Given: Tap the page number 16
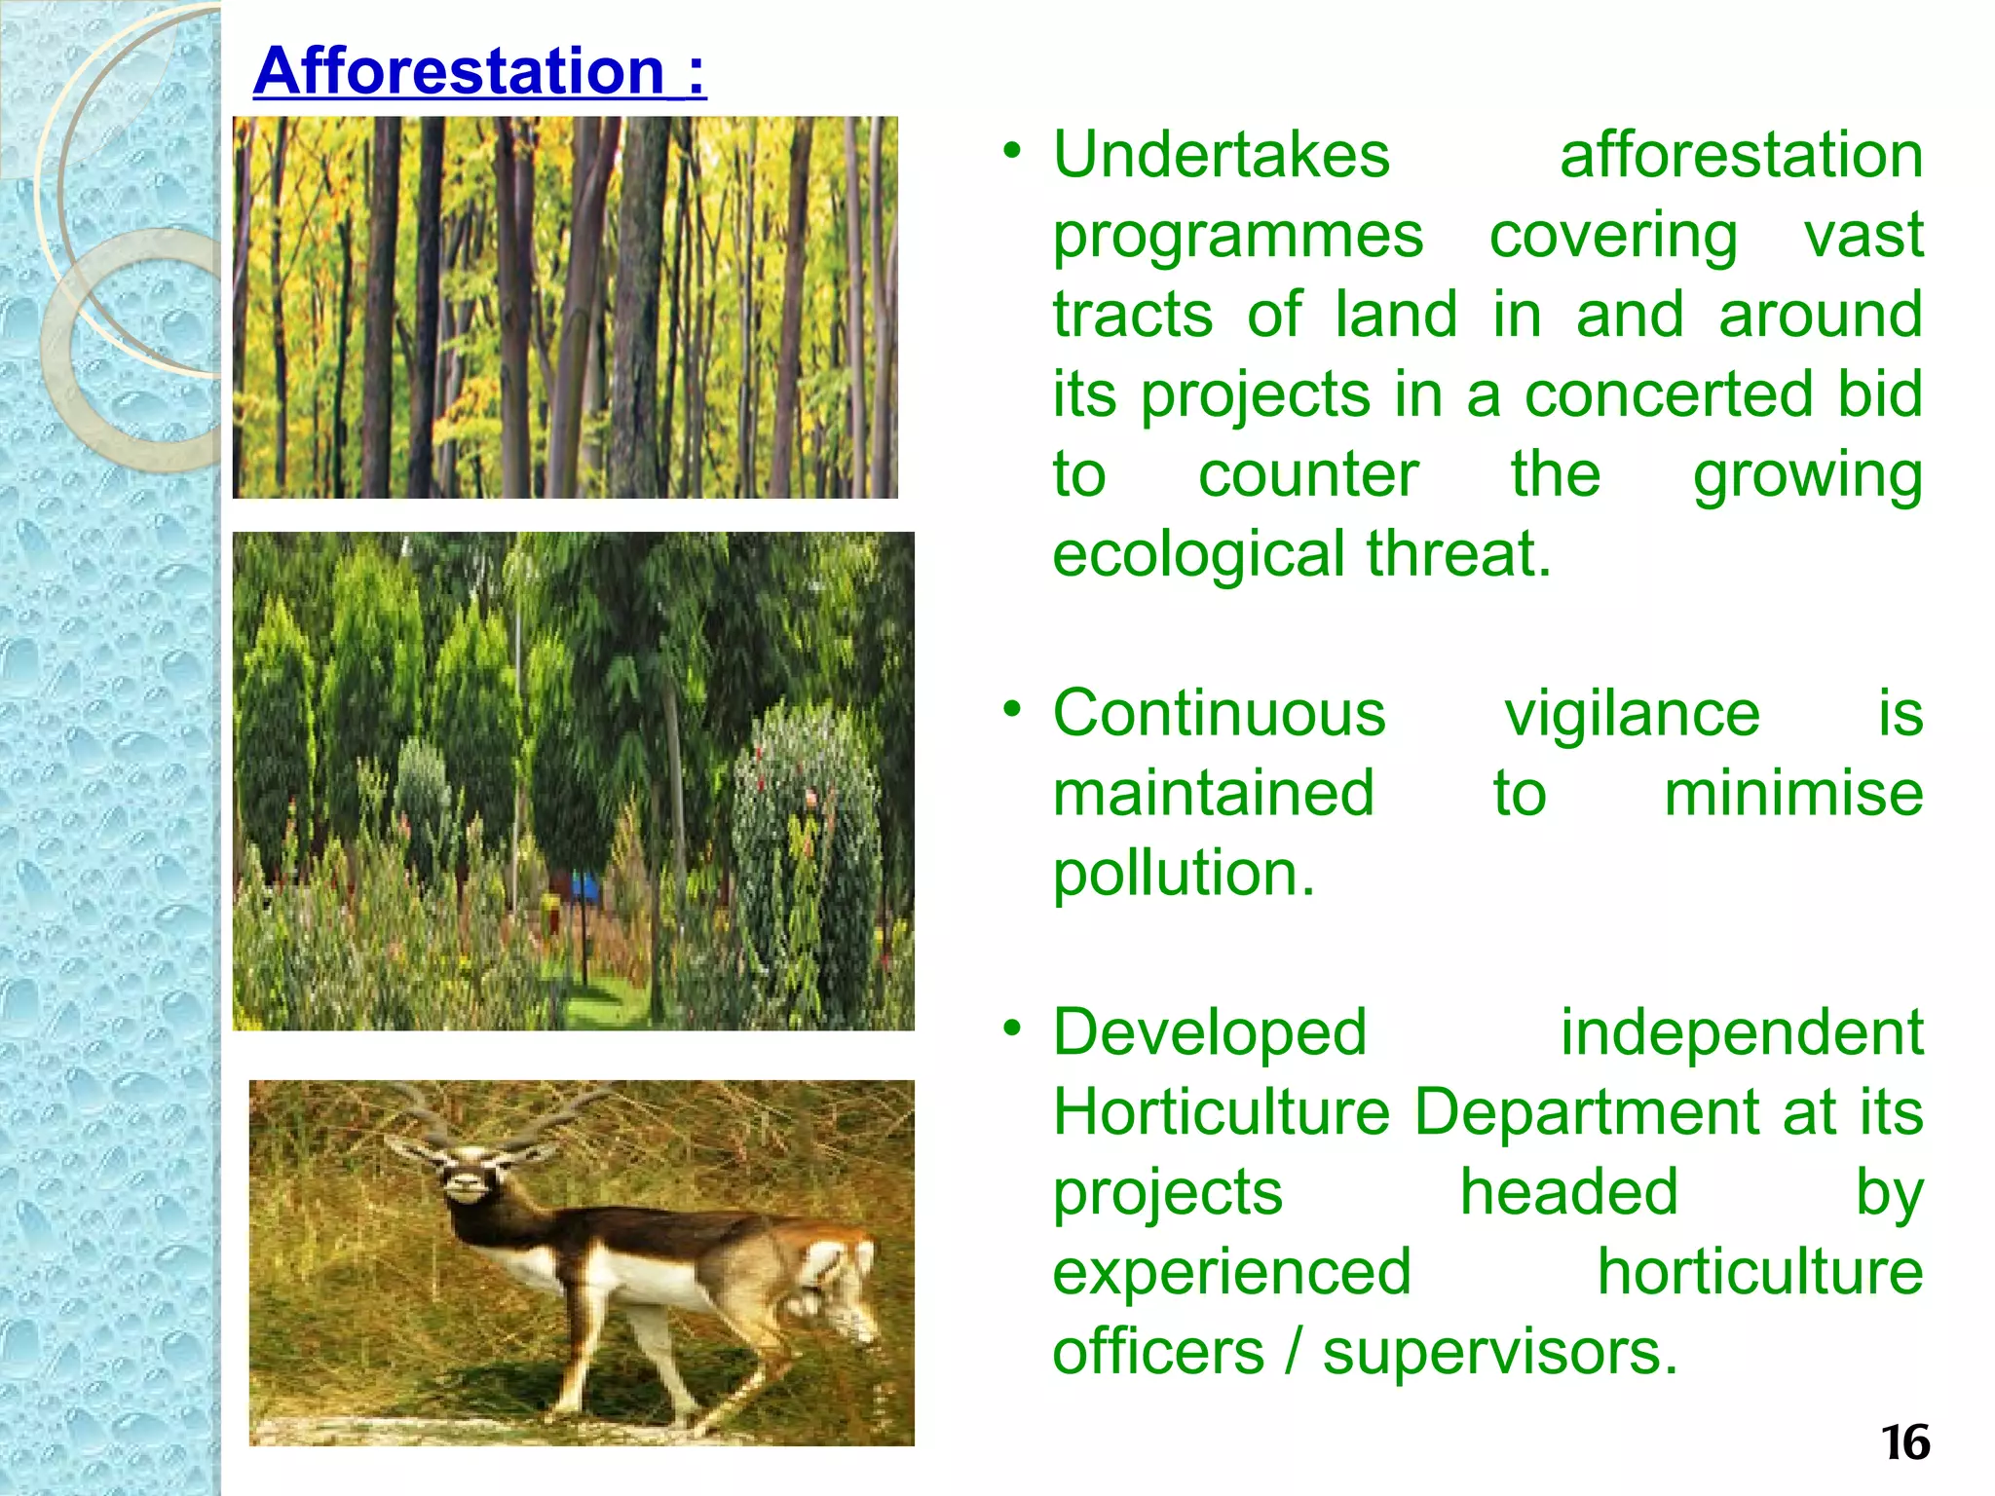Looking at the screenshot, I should click(x=1905, y=1442).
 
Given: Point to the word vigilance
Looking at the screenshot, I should click(x=1632, y=714).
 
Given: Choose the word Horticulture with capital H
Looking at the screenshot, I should click(x=1222, y=1112).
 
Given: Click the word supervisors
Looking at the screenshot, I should click(x=1500, y=1352).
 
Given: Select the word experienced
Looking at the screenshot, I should click(x=1231, y=1272).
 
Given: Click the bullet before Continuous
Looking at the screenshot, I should click(x=1013, y=709).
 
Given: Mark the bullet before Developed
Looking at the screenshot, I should click(x=1013, y=1028).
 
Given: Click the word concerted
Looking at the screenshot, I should click(x=1669, y=394).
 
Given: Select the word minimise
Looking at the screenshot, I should click(x=1792, y=794).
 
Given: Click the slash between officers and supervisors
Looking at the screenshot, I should click(x=1293, y=1352).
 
